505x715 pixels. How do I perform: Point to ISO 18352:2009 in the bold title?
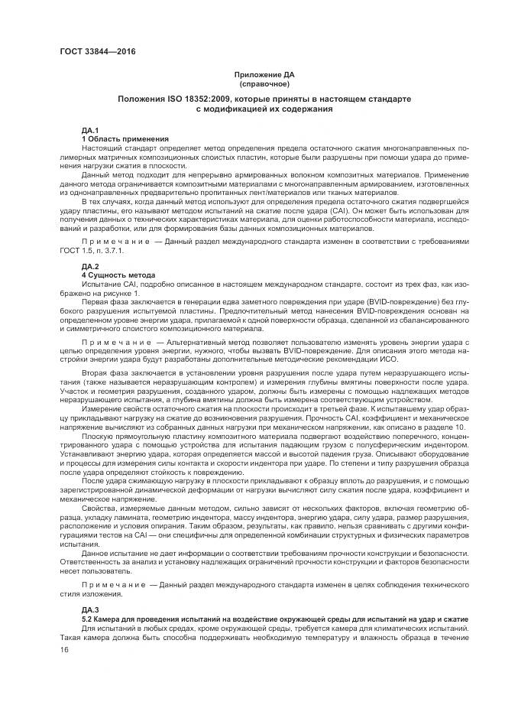pyautogui.click(x=200, y=99)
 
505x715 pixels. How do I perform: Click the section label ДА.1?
pyautogui.click(x=90, y=131)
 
